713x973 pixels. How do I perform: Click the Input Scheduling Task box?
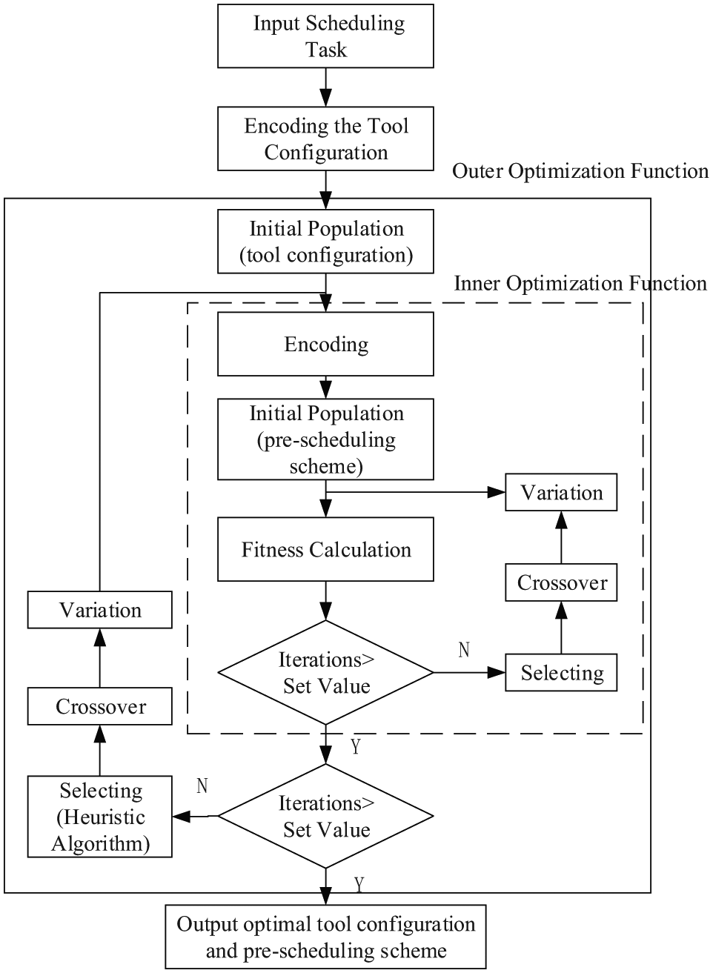[325, 36]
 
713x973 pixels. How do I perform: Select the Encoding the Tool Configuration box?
[325, 139]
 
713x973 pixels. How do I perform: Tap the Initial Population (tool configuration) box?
[325, 242]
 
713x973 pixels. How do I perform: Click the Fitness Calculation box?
[325, 549]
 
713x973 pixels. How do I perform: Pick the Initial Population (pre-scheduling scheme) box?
[325, 439]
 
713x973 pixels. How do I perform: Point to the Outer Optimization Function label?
[580, 171]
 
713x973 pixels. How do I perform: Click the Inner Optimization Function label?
[580, 284]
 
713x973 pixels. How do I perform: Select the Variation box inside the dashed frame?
[561, 492]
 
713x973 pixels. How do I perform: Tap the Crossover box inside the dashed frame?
[561, 582]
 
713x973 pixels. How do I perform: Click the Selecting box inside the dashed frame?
[561, 672]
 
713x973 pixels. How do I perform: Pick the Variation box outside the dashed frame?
[99, 609]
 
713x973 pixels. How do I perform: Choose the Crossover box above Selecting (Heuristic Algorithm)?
[99, 706]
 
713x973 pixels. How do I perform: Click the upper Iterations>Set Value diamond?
[325, 672]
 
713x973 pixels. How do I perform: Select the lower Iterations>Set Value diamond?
[325, 816]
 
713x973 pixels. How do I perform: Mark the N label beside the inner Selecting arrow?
[464, 650]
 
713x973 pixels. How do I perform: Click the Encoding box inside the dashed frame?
[325, 344]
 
